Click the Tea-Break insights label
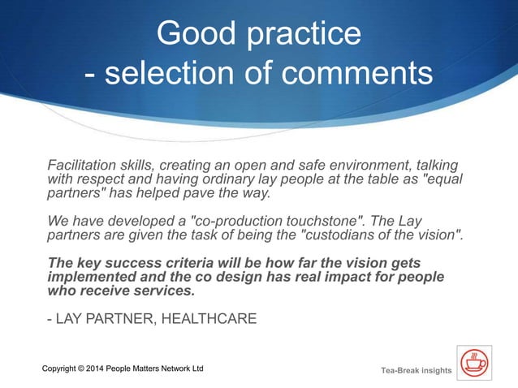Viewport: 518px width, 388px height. pyautogui.click(x=416, y=371)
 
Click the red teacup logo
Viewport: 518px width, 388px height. pyautogui.click(x=473, y=362)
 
